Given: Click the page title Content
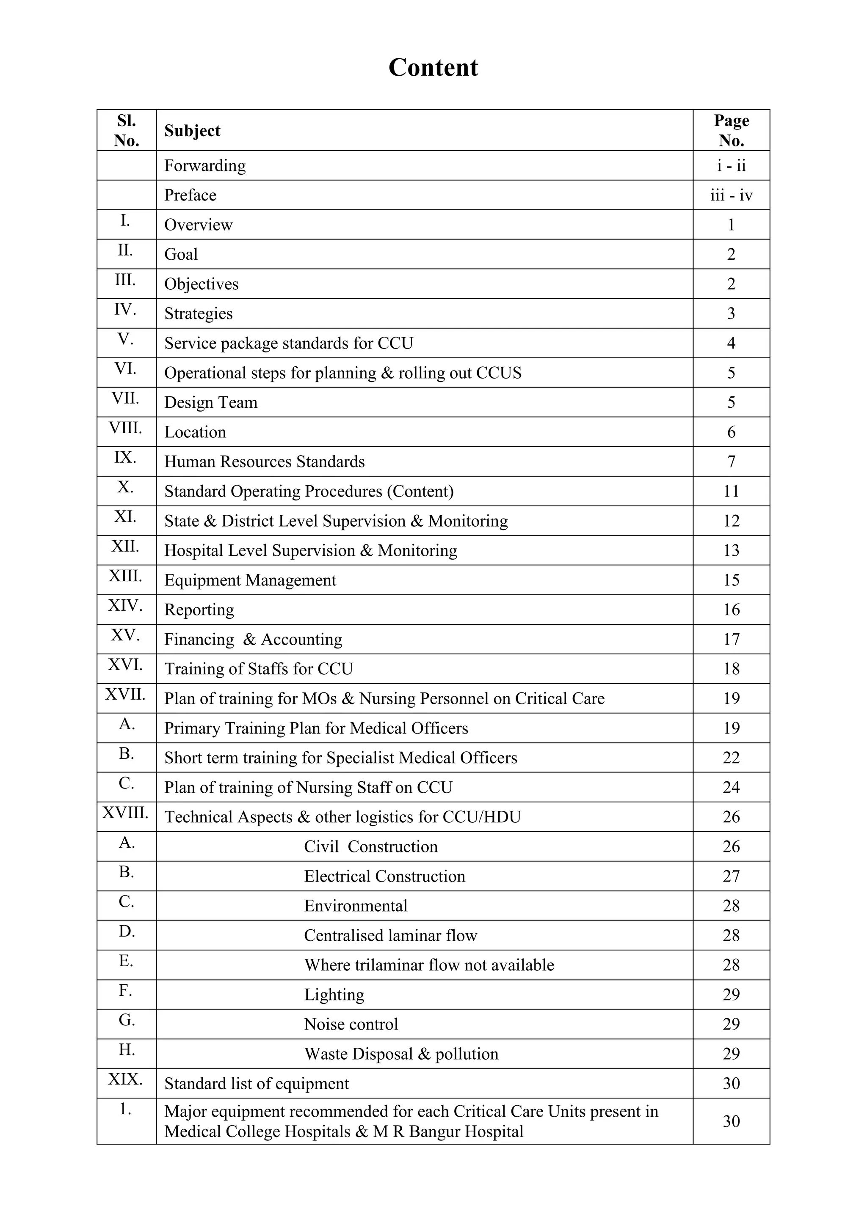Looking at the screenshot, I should (433, 68).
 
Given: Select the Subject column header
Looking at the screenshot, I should (192, 131).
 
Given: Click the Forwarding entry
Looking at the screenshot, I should (204, 165).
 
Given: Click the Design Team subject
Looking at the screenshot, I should (210, 402).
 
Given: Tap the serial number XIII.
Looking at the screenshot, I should (125, 576).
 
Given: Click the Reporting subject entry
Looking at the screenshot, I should (199, 610).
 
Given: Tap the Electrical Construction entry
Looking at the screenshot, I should (384, 876).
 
